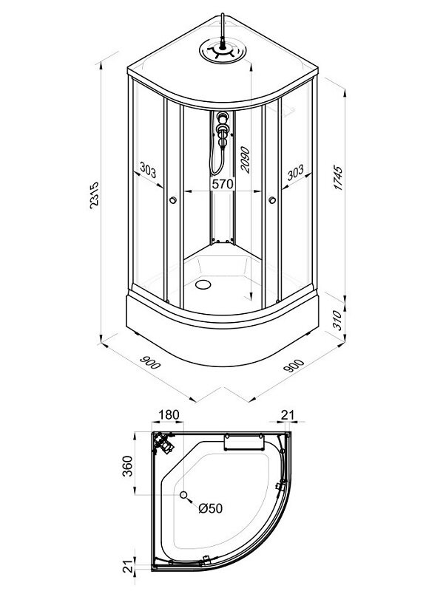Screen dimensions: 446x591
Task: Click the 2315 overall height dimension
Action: coord(94,195)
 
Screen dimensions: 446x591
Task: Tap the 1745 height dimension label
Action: coord(339,177)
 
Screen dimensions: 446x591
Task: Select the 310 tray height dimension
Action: coord(338,320)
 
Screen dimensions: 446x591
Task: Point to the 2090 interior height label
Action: coord(246,160)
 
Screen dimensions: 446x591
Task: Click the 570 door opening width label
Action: coord(223,184)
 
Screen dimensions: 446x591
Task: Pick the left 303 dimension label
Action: coord(148,170)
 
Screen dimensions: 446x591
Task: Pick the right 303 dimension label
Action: coord(295,173)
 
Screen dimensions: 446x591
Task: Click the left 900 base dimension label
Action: coord(150,362)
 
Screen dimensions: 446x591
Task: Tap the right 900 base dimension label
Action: coord(294,366)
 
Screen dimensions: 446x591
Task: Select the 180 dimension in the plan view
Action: coord(169,414)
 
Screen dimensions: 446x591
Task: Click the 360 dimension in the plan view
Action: coord(128,466)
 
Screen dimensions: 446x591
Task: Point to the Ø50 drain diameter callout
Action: coord(211,508)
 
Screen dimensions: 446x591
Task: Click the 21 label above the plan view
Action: coord(288,414)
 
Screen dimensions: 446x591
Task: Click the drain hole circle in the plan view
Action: coord(183,495)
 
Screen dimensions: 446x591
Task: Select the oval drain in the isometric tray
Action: coord(203,284)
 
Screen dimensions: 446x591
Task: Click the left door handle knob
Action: coord(173,200)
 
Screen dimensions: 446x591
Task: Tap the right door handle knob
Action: coord(272,200)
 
